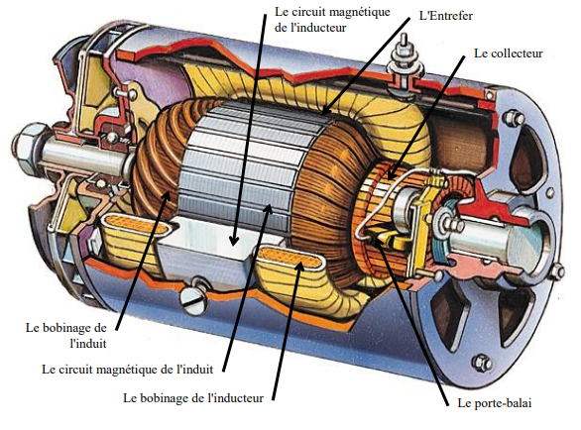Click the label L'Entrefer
(x=446, y=16)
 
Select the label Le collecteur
(x=508, y=54)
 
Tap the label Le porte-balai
(x=495, y=403)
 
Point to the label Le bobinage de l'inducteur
(x=193, y=398)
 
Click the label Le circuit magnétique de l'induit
(x=128, y=370)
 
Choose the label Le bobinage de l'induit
(x=66, y=336)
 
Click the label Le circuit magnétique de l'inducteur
(x=332, y=20)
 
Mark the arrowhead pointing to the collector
(x=392, y=173)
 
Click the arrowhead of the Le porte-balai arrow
(x=376, y=243)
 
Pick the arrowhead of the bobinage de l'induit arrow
(x=168, y=195)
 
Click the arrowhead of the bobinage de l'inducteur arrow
(x=299, y=268)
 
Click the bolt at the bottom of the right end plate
(x=483, y=363)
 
